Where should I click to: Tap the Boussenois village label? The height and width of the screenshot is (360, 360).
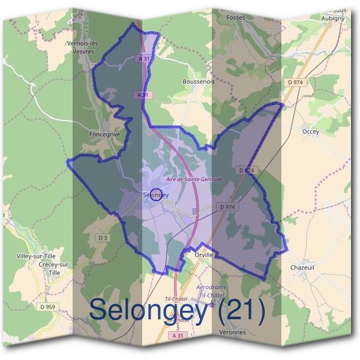[x=197, y=80]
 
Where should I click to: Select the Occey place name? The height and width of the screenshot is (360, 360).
[x=311, y=131]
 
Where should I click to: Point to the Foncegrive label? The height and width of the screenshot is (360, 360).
[x=104, y=134]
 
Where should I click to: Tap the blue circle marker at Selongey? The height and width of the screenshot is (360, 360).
[x=155, y=194]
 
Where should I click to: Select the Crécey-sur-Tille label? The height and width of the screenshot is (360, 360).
[x=54, y=268]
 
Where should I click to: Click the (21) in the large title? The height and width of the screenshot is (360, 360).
[x=236, y=310]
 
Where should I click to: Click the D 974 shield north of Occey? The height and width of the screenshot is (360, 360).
[x=294, y=82]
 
